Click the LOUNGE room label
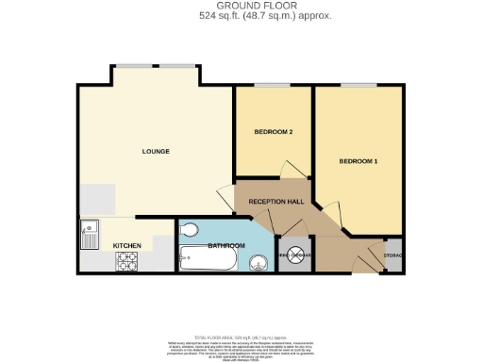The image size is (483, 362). pyautogui.click(x=156, y=151)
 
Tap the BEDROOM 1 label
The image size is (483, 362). pyautogui.click(x=358, y=161)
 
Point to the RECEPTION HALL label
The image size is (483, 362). pyautogui.click(x=275, y=202)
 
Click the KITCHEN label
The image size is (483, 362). pyautogui.click(x=127, y=246)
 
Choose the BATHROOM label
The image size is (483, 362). pyautogui.click(x=226, y=246)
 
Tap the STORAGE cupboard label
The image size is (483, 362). pyautogui.click(x=394, y=255)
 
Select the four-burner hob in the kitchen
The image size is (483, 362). pyautogui.click(x=125, y=263)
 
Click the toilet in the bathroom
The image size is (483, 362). pyautogui.click(x=188, y=228)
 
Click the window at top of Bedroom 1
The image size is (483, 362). pyautogui.click(x=354, y=85)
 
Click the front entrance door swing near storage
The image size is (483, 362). pyautogui.click(x=362, y=257)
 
